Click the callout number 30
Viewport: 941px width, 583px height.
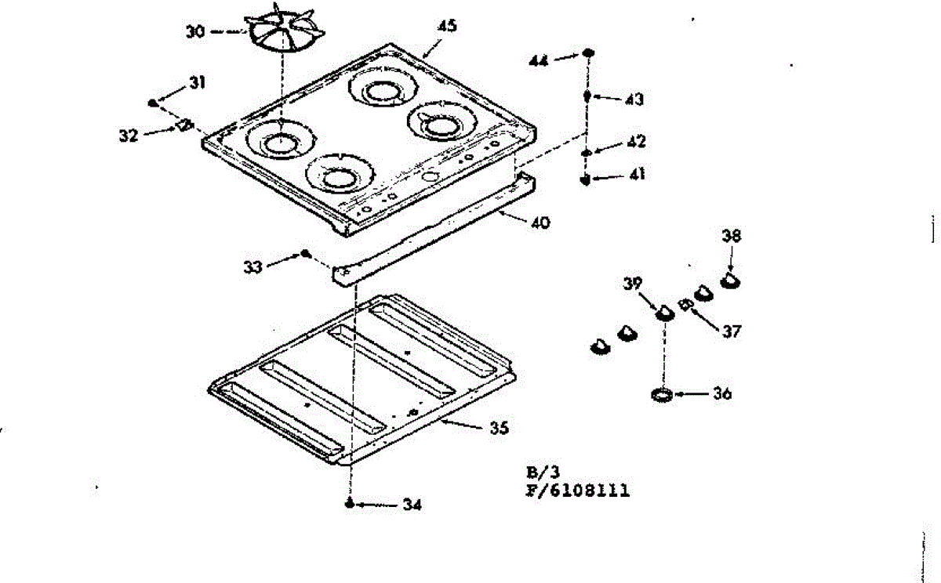click(195, 32)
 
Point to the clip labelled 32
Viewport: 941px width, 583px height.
click(185, 125)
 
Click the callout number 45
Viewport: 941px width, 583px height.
click(447, 26)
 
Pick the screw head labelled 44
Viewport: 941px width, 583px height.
click(588, 53)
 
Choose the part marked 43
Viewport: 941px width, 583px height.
click(587, 96)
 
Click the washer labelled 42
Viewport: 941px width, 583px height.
click(587, 152)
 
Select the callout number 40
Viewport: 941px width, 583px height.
click(539, 223)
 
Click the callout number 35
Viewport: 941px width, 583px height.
click(499, 428)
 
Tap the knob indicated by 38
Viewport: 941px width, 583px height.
click(732, 278)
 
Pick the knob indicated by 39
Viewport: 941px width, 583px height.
click(665, 312)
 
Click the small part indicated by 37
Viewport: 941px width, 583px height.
click(685, 304)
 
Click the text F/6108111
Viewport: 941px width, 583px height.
click(577, 491)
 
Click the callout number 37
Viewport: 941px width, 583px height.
click(731, 331)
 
